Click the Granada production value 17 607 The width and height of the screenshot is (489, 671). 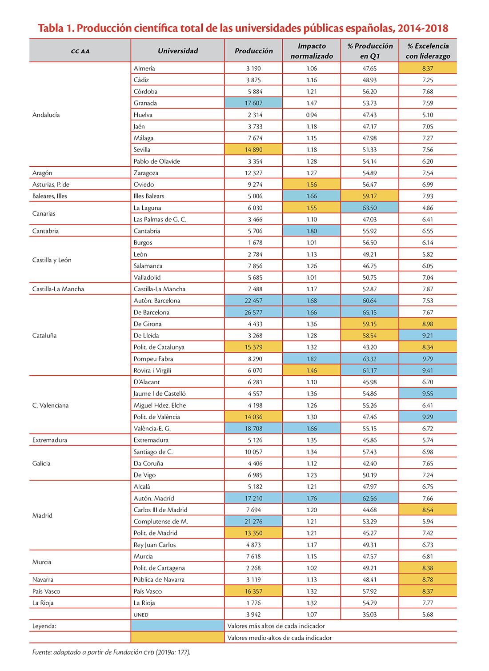tap(253, 103)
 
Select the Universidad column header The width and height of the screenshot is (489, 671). tap(178, 51)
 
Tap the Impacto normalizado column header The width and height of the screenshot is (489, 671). tap(312, 51)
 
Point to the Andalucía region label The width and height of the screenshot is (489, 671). tap(46, 115)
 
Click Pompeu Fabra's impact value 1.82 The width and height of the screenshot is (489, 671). tap(312, 358)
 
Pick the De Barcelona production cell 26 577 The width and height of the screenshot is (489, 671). tap(253, 312)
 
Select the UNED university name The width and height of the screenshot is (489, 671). tap(141, 615)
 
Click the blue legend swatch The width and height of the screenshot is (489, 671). tap(177, 626)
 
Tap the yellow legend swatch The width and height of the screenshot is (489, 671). tap(177, 638)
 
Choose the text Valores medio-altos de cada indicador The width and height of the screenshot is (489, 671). tap(279, 638)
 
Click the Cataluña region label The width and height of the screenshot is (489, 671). tap(44, 335)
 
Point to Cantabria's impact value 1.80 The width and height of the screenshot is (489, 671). tap(312, 231)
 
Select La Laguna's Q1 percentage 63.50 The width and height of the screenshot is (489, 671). tap(369, 208)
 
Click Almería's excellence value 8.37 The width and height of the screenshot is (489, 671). tap(428, 68)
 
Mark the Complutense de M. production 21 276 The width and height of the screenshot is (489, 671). tap(253, 522)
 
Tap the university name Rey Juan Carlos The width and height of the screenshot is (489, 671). tap(155, 545)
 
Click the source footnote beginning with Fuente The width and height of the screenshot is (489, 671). tap(111, 652)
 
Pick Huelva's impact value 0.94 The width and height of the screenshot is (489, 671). tap(312, 115)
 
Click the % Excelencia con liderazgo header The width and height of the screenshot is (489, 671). tap(428, 51)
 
